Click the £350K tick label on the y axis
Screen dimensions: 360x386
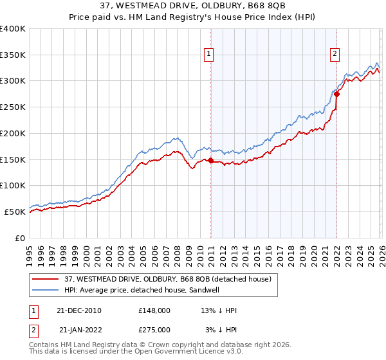(13, 55)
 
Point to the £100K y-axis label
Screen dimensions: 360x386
(13, 185)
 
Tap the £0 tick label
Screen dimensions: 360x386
(19, 237)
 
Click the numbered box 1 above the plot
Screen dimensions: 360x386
(210, 55)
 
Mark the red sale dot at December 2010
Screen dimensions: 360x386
(210, 161)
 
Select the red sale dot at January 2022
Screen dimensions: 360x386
(336, 94)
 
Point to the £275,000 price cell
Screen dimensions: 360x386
(154, 329)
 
